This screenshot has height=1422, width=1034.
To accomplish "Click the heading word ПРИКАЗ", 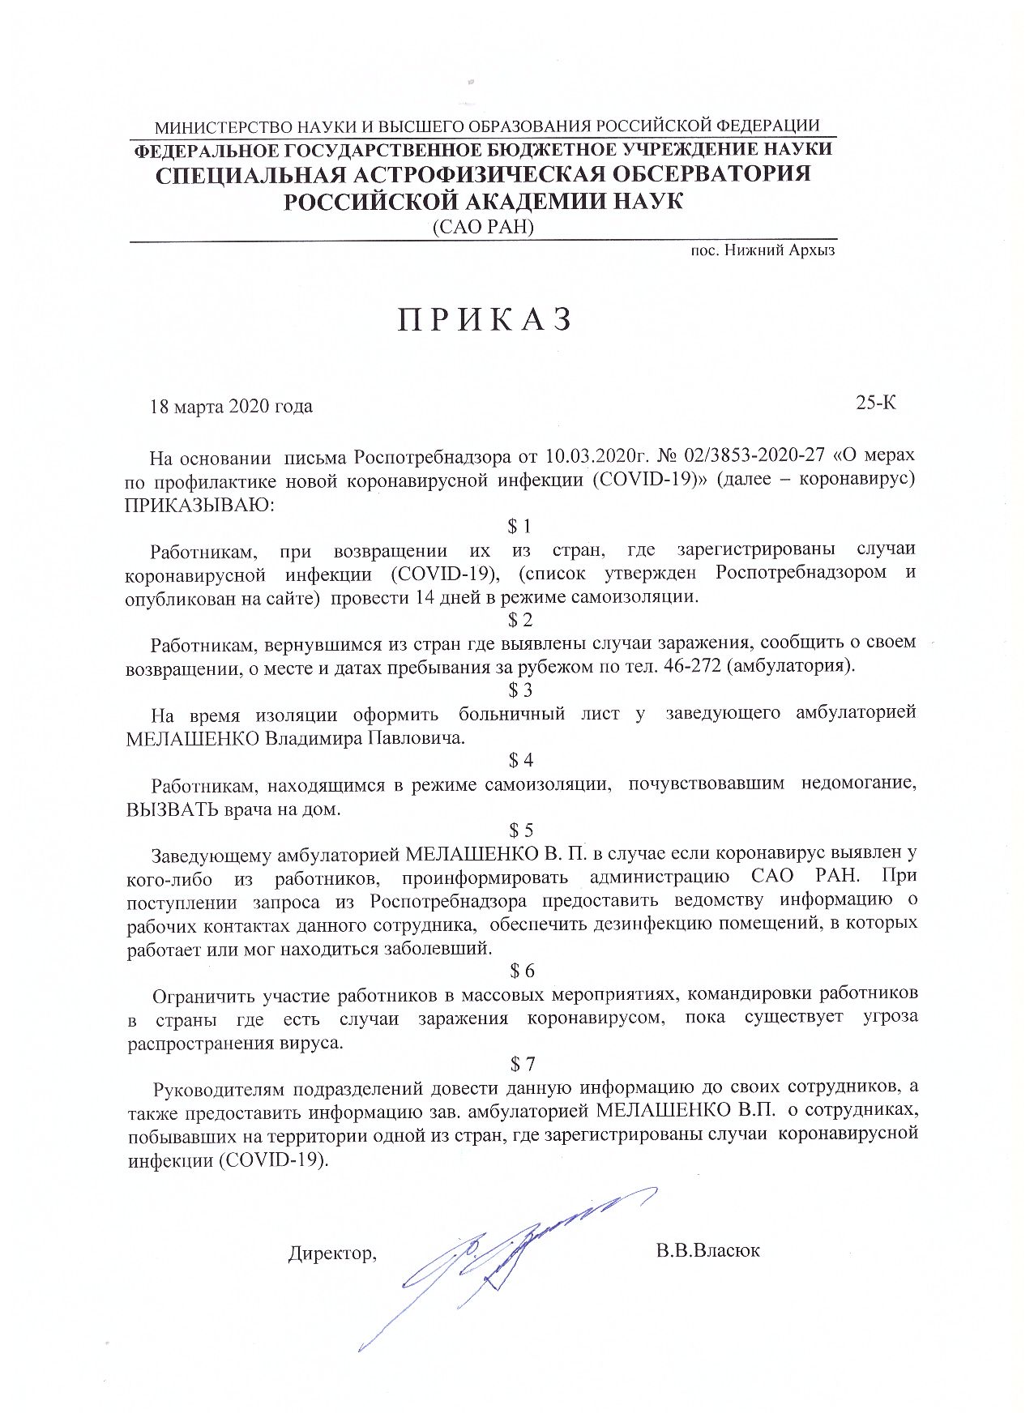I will click(x=485, y=321).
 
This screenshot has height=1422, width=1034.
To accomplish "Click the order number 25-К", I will click(x=876, y=403).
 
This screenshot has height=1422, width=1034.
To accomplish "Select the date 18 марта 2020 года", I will click(x=232, y=407).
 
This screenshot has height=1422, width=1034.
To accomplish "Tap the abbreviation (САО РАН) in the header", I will click(x=484, y=228).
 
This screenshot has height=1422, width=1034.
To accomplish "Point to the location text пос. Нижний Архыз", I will click(x=762, y=250).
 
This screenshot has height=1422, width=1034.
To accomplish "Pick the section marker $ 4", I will click(x=519, y=760).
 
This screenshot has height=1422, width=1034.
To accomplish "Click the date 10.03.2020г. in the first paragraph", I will click(x=504, y=457).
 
